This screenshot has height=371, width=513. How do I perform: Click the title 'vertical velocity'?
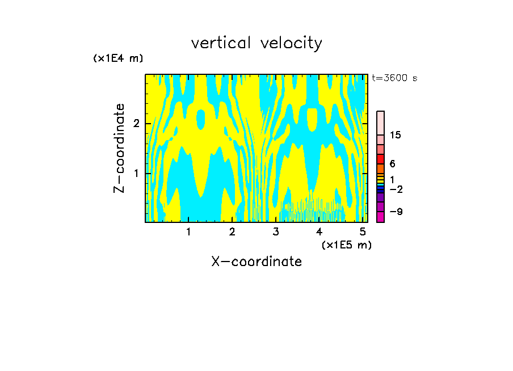[256, 43]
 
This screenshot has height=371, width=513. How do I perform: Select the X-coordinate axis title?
[256, 262]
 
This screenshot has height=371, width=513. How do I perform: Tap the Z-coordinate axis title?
[119, 148]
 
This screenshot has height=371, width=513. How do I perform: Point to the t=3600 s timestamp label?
[394, 78]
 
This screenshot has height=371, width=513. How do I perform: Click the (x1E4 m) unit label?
[118, 58]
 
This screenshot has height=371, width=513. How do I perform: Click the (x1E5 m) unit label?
[346, 244]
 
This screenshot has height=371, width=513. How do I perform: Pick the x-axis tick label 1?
[188, 231]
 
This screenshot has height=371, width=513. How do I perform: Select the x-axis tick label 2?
[232, 231]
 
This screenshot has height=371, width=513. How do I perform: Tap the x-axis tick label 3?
[276, 231]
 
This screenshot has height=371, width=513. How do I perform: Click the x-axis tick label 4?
[319, 231]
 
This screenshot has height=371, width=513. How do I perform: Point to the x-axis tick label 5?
[362, 231]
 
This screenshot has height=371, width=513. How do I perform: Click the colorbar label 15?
[396, 135]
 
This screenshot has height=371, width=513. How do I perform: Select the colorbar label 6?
[392, 164]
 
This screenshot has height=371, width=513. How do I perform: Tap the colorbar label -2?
[396, 189]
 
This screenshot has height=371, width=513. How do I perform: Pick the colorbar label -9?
[396, 212]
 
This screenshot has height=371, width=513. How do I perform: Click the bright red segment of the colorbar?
[381, 159]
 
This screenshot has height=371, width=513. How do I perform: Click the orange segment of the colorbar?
[381, 168]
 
